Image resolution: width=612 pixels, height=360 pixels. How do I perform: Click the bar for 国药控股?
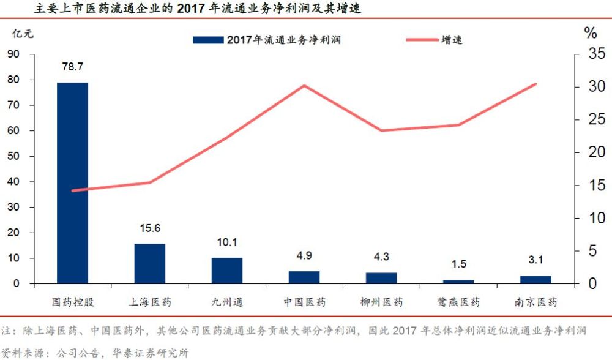point(73,183)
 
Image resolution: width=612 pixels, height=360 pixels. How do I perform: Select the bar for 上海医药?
point(150,264)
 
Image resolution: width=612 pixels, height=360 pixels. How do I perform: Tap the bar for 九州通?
point(227,271)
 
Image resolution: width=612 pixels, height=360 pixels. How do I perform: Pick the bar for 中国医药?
point(304,277)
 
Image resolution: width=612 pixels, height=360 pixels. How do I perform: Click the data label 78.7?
point(73,67)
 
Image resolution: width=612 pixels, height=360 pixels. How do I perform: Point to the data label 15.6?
point(150,228)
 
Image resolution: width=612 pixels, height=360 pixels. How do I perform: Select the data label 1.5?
point(458,264)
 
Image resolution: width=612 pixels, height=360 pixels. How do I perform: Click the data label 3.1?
point(535,260)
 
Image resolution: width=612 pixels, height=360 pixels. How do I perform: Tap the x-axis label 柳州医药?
point(381,302)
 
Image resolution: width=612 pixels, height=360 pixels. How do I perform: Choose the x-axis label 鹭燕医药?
point(458,302)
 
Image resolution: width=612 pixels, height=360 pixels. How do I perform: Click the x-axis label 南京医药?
point(535,302)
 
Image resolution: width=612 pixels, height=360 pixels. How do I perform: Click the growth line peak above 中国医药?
point(304,85)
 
